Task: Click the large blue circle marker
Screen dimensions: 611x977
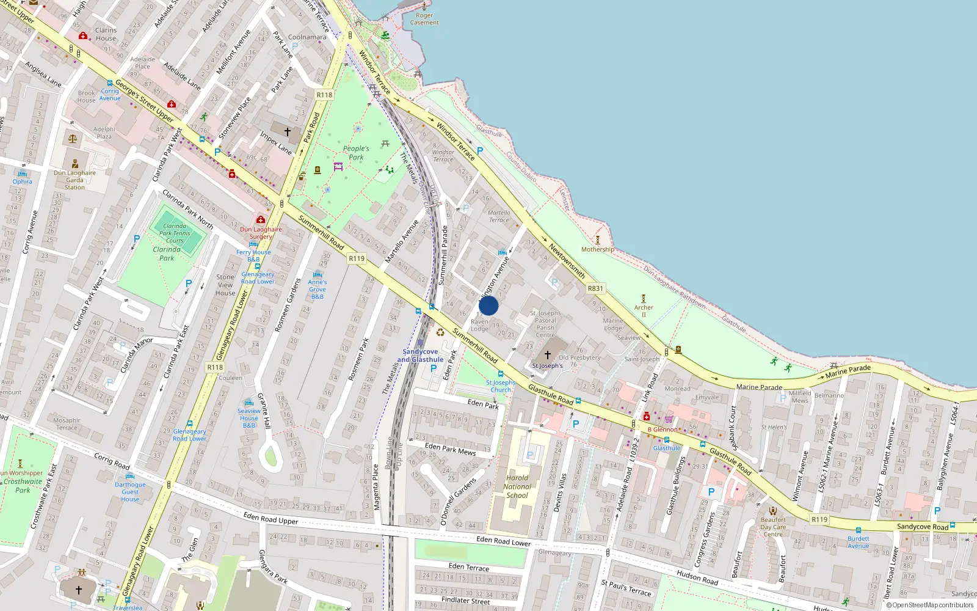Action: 488,305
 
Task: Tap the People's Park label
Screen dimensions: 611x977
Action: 356,153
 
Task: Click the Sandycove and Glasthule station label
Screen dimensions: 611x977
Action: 420,356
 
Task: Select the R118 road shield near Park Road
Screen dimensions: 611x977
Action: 324,95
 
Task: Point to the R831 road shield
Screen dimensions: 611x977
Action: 595,288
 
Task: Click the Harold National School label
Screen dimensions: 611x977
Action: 517,487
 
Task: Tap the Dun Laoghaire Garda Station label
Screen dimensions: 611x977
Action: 74,180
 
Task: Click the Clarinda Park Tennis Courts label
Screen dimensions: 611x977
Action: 175,233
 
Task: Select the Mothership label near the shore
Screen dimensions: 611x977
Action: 597,249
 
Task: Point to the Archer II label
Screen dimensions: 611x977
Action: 644,310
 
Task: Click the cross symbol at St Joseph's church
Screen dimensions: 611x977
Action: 548,354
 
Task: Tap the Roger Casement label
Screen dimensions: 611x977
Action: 424,19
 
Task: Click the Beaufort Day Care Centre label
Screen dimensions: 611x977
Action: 773,527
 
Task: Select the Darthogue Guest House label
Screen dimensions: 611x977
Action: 130,492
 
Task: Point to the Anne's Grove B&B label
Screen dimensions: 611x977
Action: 317,289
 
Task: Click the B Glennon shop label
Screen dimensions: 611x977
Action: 663,430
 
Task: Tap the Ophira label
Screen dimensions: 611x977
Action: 22,181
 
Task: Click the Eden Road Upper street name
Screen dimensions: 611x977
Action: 271,518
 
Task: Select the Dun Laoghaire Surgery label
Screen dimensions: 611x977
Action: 261,233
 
